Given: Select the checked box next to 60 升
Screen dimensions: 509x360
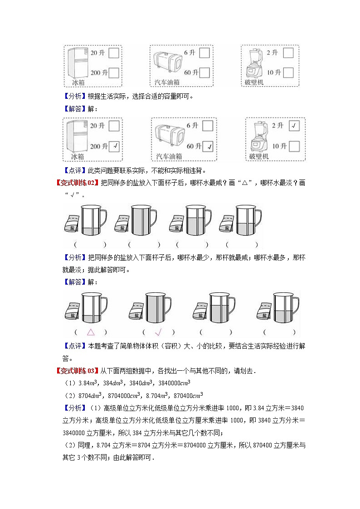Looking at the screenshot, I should point(209,146).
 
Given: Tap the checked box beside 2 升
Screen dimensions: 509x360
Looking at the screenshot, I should point(294,126).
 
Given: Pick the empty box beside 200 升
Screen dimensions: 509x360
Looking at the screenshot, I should point(114,73).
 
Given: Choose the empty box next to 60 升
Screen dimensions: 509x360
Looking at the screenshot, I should point(204,73).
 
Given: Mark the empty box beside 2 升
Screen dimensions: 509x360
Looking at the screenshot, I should point(288,53).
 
